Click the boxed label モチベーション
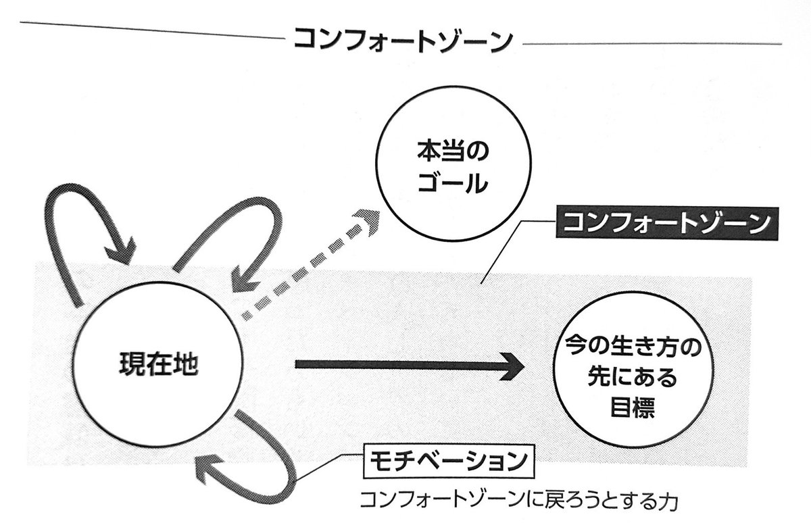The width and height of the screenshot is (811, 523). (x=443, y=462)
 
